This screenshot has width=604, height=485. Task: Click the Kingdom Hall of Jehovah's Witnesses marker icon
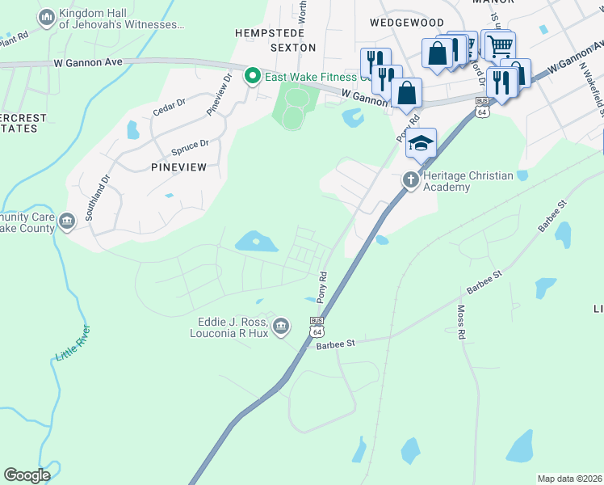pyautogui.click(x=47, y=17)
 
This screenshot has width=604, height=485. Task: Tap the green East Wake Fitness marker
pyautogui.click(x=253, y=77)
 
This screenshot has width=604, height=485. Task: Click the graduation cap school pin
pyautogui.click(x=421, y=143)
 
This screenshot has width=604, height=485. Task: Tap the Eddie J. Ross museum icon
pyautogui.click(x=280, y=327)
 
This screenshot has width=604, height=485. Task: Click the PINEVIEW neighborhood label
pyautogui.click(x=178, y=167)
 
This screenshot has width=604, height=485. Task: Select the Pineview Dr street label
pyautogui.click(x=220, y=95)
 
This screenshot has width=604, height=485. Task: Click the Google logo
pyautogui.click(x=27, y=475)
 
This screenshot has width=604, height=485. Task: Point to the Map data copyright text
pyautogui.click(x=569, y=479)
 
